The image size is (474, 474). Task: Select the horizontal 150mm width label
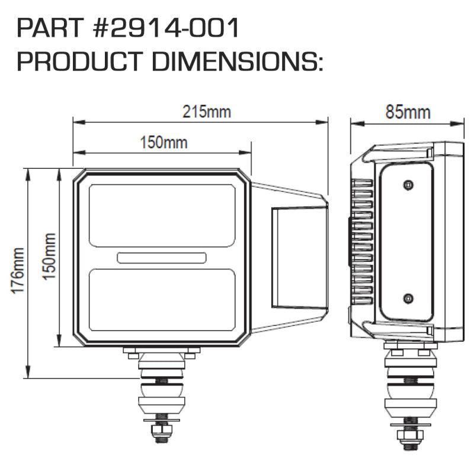tap(163, 142)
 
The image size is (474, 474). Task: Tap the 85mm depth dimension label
tap(408, 111)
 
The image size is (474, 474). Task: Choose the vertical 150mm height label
tap(50, 256)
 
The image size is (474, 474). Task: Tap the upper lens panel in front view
tap(162, 215)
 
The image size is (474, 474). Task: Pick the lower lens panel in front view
tap(162, 300)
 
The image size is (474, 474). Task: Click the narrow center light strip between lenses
tap(162, 258)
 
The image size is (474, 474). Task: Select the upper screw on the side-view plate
tap(407, 185)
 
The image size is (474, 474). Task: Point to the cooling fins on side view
tap(361, 243)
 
